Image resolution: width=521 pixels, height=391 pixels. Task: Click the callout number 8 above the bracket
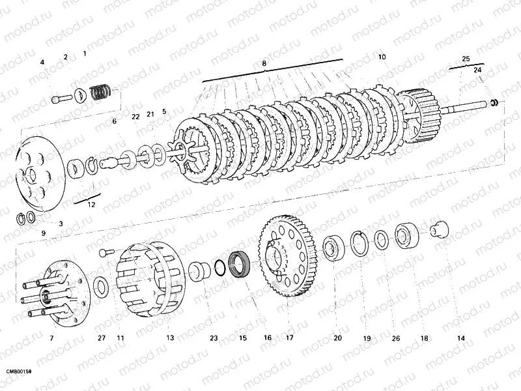[x=264, y=63]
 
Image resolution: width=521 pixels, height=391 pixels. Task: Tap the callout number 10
[x=382, y=57]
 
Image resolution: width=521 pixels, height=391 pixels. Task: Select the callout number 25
[x=466, y=59]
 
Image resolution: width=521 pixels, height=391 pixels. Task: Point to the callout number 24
[x=477, y=70]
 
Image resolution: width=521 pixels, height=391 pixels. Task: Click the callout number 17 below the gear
[x=290, y=338]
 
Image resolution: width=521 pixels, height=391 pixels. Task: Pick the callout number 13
[x=170, y=338]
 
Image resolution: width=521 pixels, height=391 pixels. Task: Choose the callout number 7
[x=51, y=338]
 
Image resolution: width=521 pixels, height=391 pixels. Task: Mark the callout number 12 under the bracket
[x=91, y=205]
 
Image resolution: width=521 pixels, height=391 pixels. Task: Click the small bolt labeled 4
[x=62, y=98]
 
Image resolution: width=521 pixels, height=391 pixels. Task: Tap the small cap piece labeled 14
[x=440, y=229]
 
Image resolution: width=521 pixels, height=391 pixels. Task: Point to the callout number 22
[x=135, y=117]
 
